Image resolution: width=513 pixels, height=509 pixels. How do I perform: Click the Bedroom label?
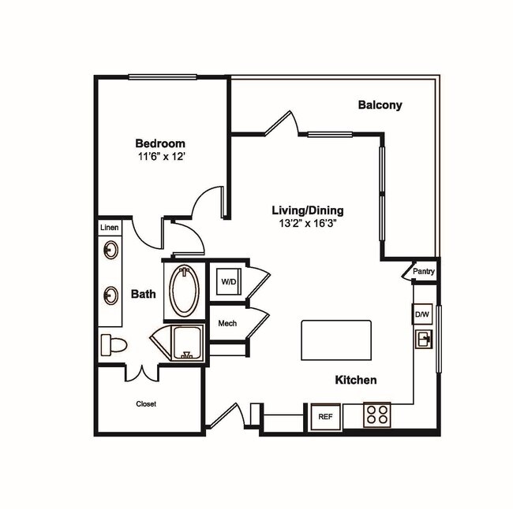(x=160, y=143)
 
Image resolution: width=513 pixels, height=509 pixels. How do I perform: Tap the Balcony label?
(x=380, y=105)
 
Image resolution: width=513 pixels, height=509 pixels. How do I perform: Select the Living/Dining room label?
(x=308, y=211)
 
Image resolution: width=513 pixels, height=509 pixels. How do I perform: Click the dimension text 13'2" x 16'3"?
(x=308, y=225)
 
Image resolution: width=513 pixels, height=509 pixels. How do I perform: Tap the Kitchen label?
(x=356, y=380)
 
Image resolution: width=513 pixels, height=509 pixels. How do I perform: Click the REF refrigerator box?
(x=324, y=416)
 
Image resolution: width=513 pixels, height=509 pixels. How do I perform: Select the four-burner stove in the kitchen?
(x=376, y=414)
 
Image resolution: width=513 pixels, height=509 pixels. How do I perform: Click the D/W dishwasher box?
(x=421, y=315)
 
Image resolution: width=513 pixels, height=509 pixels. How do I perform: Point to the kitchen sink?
(x=424, y=340)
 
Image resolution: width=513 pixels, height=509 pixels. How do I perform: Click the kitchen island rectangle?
(x=336, y=340)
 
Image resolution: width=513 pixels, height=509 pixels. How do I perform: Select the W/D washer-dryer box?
(x=229, y=281)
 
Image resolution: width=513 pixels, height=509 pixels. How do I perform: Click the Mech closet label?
(x=227, y=323)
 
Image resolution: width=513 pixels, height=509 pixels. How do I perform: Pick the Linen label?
(x=110, y=228)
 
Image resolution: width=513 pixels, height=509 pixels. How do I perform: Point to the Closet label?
(x=146, y=404)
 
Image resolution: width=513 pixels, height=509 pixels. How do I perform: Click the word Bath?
(x=143, y=295)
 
